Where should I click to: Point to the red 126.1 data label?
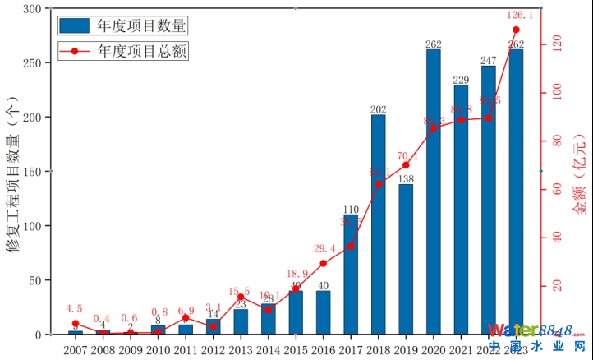tap(516, 15)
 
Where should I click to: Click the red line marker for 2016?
tap(324, 264)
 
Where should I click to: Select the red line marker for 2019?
tap(406, 165)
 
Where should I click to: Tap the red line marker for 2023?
tap(516, 30)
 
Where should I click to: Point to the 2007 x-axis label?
tap(76, 349)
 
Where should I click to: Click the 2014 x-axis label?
tap(268, 349)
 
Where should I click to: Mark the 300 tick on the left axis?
tap(34, 9)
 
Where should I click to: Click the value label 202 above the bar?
tap(378, 109)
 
